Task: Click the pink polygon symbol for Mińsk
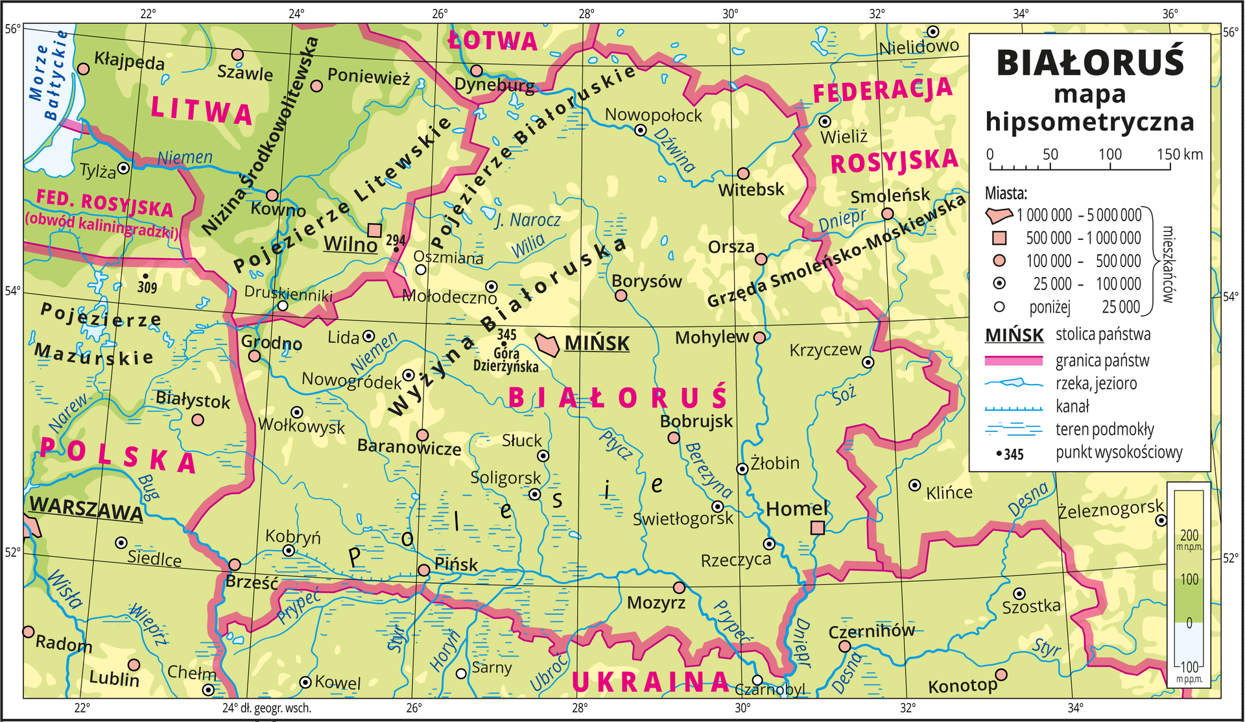tap(547, 344)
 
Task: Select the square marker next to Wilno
tap(375, 230)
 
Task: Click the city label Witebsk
tap(751, 190)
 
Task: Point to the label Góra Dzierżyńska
tap(506, 360)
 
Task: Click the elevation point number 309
tap(147, 287)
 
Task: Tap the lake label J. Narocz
tap(527, 220)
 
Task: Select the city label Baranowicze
tap(409, 448)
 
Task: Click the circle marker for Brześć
tap(235, 565)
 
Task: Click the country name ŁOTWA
tap(493, 42)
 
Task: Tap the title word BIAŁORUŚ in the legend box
tap(1090, 63)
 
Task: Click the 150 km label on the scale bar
tap(1180, 154)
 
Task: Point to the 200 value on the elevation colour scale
tap(1189, 535)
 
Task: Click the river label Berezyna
tap(708, 470)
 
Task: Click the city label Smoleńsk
tap(890, 196)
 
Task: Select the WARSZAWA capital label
tap(86, 509)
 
